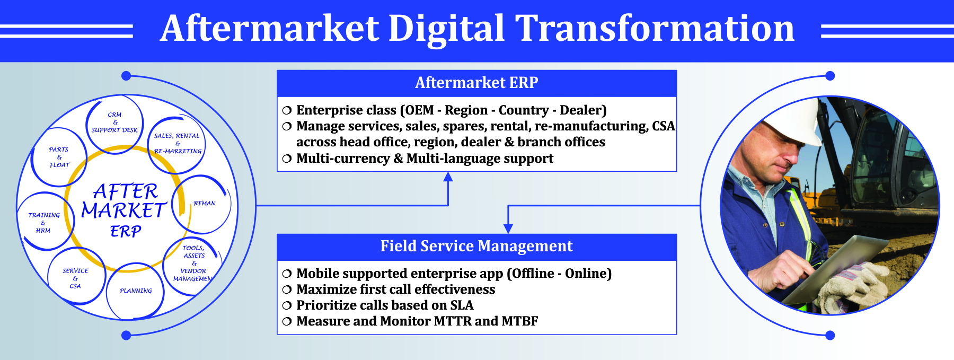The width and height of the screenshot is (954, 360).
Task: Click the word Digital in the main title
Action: (x=446, y=29)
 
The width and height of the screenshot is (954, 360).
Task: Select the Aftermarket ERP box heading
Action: (x=476, y=83)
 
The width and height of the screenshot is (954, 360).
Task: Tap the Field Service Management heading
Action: (x=476, y=246)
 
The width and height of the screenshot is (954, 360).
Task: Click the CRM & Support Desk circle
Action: (x=114, y=126)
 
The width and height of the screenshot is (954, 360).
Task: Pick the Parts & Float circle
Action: (x=59, y=157)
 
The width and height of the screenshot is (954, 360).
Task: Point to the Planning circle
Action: (x=135, y=291)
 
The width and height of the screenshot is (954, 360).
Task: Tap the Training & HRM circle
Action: (x=45, y=222)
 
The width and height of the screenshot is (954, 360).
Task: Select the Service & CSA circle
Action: (x=76, y=276)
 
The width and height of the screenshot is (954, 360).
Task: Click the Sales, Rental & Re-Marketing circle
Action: (x=177, y=145)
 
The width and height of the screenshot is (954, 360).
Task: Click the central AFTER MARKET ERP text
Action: (x=125, y=210)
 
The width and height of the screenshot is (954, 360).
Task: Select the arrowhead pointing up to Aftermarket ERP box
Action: (x=448, y=177)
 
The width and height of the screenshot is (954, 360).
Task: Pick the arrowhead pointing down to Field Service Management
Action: (x=508, y=229)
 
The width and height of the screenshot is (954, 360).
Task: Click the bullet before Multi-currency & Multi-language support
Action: (x=287, y=159)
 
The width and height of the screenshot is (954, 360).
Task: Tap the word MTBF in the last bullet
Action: (x=519, y=321)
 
